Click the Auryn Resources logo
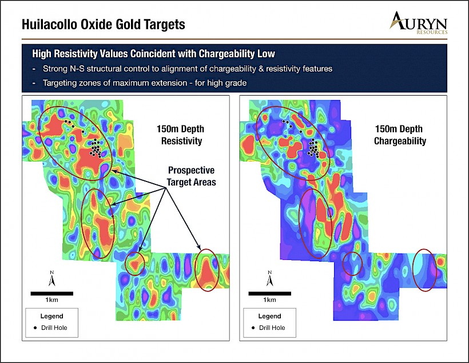(x=418, y=23)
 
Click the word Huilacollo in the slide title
(x=49, y=24)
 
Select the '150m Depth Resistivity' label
(x=181, y=135)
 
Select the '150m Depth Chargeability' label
(x=399, y=135)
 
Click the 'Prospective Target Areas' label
(x=192, y=176)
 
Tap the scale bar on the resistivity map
(x=51, y=294)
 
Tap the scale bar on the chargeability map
(x=269, y=294)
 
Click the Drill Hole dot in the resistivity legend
(x=35, y=328)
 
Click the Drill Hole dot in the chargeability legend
(x=253, y=328)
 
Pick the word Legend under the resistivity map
(x=51, y=316)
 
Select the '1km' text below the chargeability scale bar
(x=269, y=300)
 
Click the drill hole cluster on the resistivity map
(x=96, y=148)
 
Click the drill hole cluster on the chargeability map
(x=313, y=148)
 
